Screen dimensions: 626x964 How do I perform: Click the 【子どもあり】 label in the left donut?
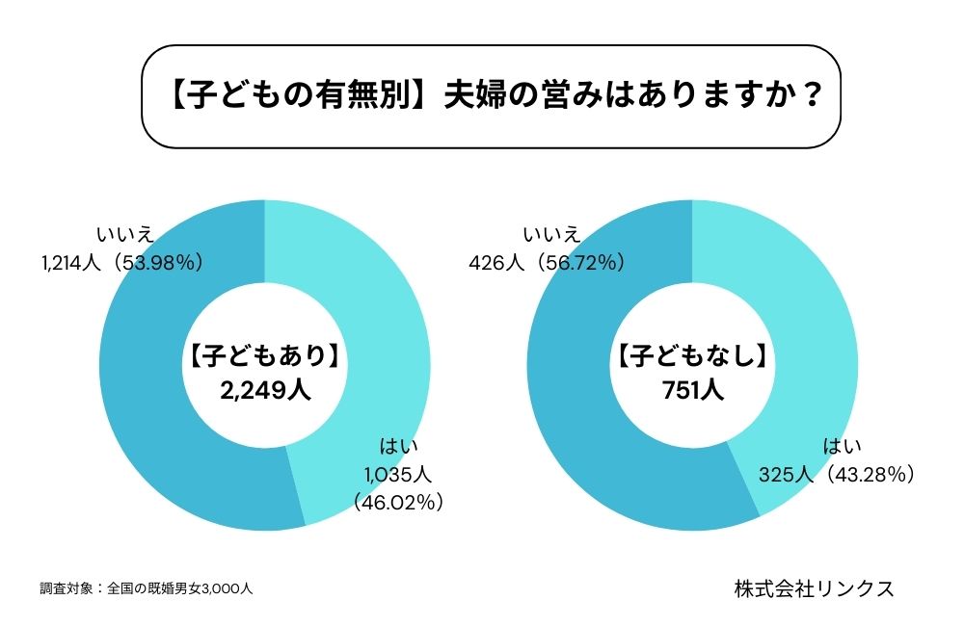click(263, 357)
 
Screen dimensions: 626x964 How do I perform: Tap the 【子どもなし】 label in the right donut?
click(692, 357)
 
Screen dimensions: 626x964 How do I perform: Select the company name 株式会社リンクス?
click(813, 588)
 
